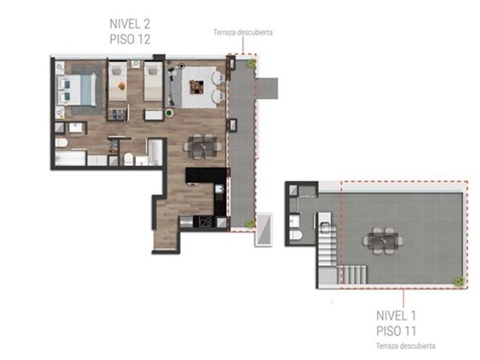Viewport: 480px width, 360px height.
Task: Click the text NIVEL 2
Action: (130, 24)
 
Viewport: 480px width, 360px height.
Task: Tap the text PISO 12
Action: (130, 39)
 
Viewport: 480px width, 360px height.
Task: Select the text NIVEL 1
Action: (396, 315)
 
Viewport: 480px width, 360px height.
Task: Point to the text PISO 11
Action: (396, 331)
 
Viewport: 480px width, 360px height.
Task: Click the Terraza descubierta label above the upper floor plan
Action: (243, 33)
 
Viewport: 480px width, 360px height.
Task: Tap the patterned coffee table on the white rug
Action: (197, 87)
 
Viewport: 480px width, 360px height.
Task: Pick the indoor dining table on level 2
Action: (203, 147)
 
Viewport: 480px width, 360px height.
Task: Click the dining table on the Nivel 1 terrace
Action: (383, 241)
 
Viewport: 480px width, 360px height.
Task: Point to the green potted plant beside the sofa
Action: (169, 113)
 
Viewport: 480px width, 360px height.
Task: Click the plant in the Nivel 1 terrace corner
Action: (459, 281)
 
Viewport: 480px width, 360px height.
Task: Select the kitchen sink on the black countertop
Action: (219, 189)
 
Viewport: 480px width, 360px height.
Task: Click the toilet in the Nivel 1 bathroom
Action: (296, 235)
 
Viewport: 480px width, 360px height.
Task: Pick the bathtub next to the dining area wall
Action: (155, 152)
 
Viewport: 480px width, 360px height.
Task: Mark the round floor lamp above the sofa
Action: (182, 66)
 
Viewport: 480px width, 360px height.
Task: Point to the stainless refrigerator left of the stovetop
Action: (186, 222)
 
